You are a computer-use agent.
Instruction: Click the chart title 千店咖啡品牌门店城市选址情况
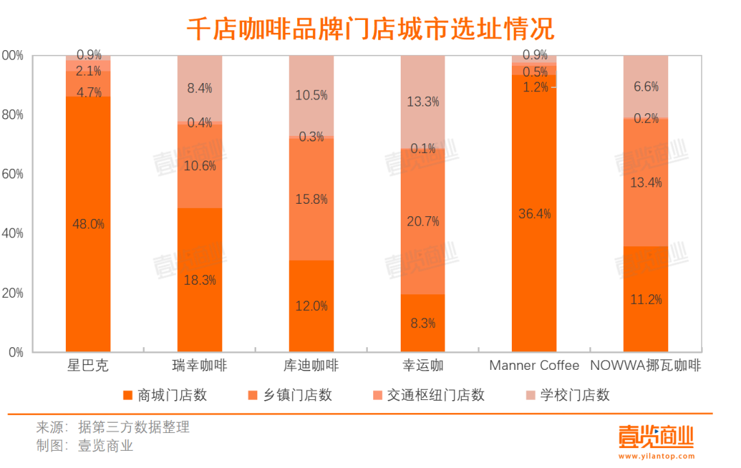pyautogui.click(x=370, y=28)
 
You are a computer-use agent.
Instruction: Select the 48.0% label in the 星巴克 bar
pyautogui.click(x=88, y=224)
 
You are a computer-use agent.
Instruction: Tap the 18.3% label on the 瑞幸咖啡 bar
pyautogui.click(x=200, y=280)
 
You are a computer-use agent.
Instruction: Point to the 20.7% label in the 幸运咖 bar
pyautogui.click(x=423, y=221)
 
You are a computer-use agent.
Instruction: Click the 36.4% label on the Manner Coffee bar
pyautogui.click(x=534, y=213)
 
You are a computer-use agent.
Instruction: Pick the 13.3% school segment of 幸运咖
pyautogui.click(x=423, y=102)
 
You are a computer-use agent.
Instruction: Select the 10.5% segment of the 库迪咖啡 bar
pyautogui.click(x=311, y=95)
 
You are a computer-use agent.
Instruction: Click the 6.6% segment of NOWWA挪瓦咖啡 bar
pyautogui.click(x=646, y=86)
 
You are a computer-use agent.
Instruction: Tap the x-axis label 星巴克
pyautogui.click(x=89, y=366)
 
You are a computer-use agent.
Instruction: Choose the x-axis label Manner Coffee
pyautogui.click(x=534, y=366)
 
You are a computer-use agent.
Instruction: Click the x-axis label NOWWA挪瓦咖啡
pyautogui.click(x=646, y=366)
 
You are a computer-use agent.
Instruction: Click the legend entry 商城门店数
pyautogui.click(x=165, y=395)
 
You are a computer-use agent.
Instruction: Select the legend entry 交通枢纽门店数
pyautogui.click(x=428, y=395)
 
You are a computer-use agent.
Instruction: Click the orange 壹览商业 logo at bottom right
pyautogui.click(x=656, y=436)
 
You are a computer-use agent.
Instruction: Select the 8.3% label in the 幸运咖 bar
pyautogui.click(x=423, y=323)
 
